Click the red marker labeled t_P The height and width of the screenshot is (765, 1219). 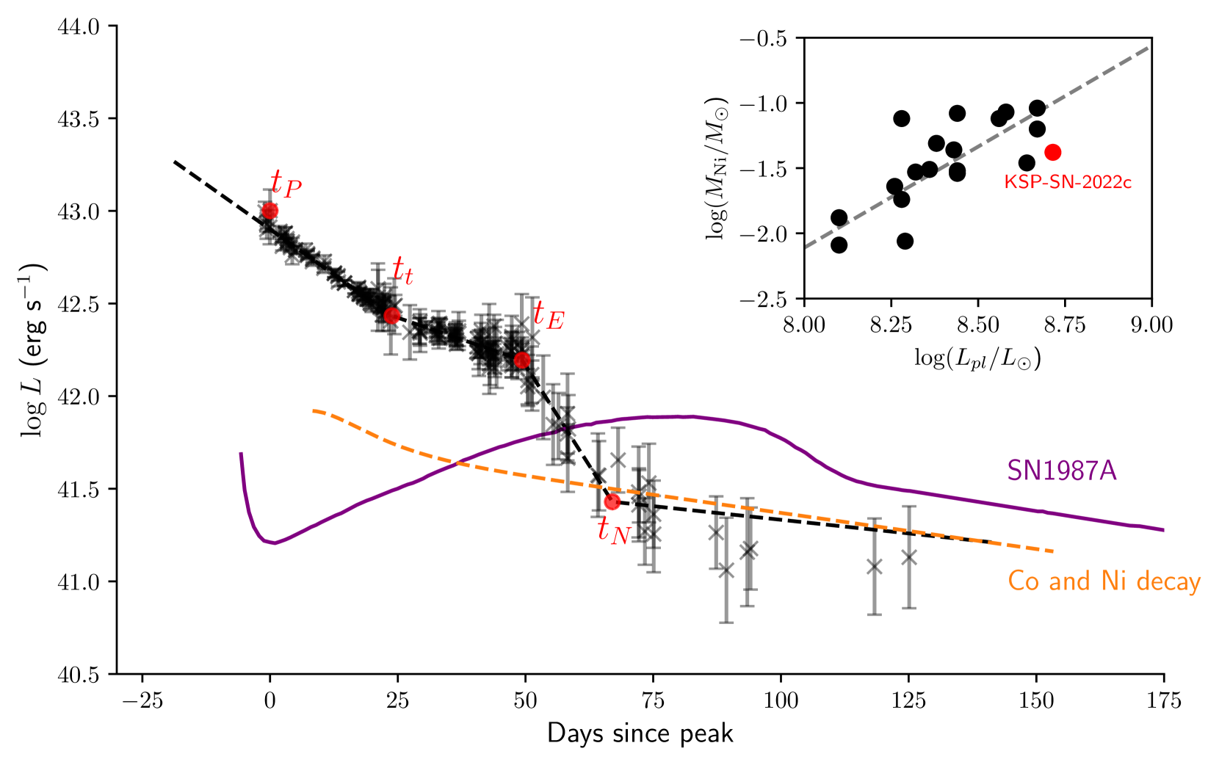(270, 211)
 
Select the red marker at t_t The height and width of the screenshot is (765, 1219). (392, 316)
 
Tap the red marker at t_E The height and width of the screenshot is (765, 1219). (522, 360)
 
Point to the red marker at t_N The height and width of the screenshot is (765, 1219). (612, 502)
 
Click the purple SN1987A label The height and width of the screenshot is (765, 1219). (1061, 471)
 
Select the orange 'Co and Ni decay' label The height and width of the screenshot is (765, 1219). (1104, 581)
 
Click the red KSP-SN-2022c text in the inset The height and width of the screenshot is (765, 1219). (1068, 182)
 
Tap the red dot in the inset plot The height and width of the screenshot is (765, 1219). (1053, 152)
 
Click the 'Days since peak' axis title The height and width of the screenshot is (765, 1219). (640, 733)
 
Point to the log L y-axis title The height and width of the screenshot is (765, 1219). (33, 349)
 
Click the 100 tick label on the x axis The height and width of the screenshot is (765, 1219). (781, 701)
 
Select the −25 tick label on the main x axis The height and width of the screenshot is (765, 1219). (141, 701)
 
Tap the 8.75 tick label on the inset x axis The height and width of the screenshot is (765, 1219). (1065, 325)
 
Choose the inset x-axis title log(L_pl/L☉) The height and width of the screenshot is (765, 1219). (977, 358)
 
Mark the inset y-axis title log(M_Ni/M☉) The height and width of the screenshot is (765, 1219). (717, 168)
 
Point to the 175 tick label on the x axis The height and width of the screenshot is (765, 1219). (1164, 701)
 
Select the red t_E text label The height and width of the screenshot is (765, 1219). (548, 315)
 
